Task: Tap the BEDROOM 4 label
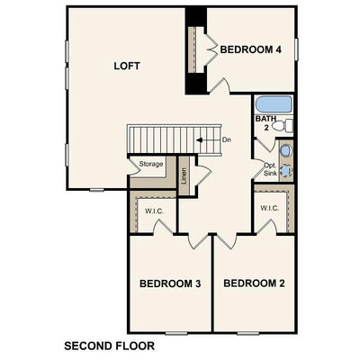(251, 49)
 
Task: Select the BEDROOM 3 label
(170, 283)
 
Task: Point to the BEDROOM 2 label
(254, 283)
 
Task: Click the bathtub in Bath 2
(274, 104)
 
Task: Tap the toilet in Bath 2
(283, 126)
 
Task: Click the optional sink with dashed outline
(286, 171)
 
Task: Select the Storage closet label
(151, 164)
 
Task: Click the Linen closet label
(184, 175)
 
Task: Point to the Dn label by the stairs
(227, 139)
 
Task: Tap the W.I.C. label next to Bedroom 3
(154, 211)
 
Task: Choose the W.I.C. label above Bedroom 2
(270, 208)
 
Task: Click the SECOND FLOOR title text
(110, 346)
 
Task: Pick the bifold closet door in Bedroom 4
(211, 49)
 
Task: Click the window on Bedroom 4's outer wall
(296, 49)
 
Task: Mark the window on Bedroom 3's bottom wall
(176, 333)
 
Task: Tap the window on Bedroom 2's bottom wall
(247, 333)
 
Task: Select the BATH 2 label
(265, 123)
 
